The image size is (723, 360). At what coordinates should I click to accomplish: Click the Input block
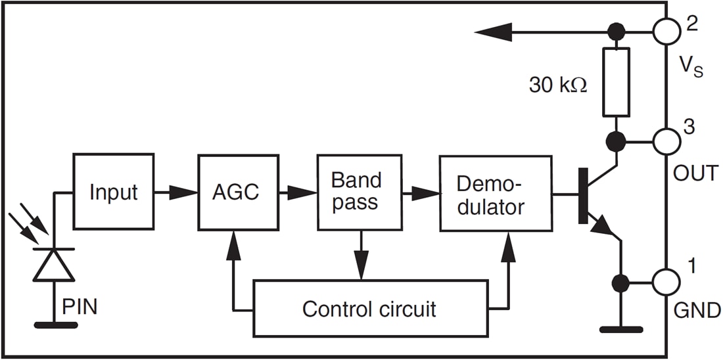tap(113, 192)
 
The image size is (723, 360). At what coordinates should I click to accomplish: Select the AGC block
tap(235, 192)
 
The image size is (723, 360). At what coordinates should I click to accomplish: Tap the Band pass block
tap(359, 192)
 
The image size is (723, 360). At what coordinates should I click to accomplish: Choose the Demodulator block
tap(495, 194)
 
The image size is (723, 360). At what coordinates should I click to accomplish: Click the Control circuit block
tap(371, 308)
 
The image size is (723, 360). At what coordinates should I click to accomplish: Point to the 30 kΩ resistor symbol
tap(616, 81)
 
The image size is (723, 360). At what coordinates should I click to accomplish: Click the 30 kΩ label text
tap(557, 85)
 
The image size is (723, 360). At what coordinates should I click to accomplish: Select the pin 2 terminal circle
tap(666, 31)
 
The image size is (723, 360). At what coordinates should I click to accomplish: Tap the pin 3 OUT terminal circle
tap(666, 140)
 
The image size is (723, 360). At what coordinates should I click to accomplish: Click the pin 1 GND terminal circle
tap(666, 283)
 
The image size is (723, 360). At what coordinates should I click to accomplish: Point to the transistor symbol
tap(595, 195)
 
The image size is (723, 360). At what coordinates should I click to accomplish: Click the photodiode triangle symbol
tap(54, 265)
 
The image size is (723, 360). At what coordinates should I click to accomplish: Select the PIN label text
tap(80, 306)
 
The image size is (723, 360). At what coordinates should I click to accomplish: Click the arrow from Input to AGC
tap(176, 192)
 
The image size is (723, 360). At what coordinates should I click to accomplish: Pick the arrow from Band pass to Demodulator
tap(421, 193)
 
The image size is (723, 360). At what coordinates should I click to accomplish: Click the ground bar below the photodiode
tap(54, 324)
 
